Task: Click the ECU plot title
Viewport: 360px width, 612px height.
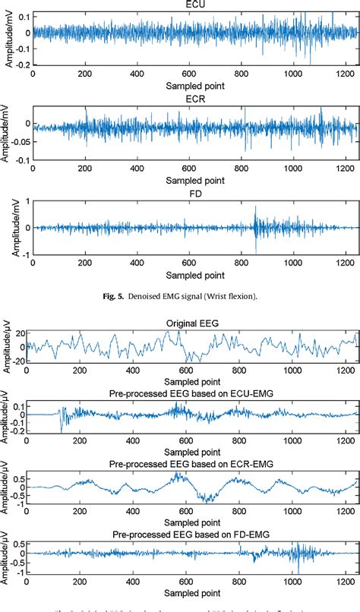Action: click(x=194, y=4)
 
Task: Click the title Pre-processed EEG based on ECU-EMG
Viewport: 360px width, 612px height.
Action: click(x=193, y=393)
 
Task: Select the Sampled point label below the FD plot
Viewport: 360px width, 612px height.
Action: click(x=194, y=275)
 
